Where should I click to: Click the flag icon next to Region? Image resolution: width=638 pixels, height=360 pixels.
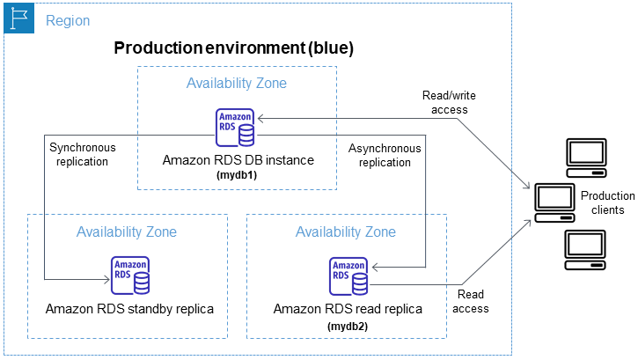[x=19, y=18]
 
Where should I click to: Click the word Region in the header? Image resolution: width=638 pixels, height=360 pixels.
[x=67, y=20]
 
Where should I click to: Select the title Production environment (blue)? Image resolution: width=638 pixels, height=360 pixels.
[x=233, y=48]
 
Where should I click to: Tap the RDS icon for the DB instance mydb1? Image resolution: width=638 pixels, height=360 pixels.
[x=235, y=129]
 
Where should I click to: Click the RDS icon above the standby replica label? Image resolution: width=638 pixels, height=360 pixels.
[x=129, y=276]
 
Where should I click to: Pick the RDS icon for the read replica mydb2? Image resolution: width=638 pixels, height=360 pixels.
[x=348, y=276]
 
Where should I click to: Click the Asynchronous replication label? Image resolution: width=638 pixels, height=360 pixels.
[x=385, y=155]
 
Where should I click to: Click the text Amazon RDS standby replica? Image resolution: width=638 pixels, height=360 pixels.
[x=129, y=309]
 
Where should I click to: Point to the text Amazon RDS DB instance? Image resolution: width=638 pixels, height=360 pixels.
[x=238, y=161]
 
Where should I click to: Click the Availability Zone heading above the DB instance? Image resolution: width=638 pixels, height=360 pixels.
[x=236, y=84]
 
